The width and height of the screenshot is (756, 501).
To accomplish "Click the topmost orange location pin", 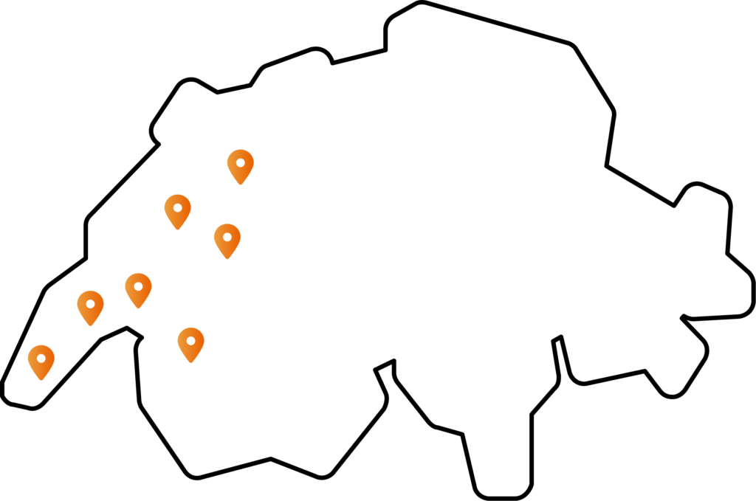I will pyautogui.click(x=241, y=165).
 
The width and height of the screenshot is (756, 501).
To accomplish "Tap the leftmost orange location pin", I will pyautogui.click(x=41, y=361).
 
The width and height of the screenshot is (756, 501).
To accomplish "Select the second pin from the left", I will pyautogui.click(x=90, y=306).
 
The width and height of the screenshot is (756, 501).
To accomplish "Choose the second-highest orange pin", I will pyautogui.click(x=177, y=210).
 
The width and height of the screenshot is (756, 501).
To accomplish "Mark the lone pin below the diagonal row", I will pyautogui.click(x=190, y=343).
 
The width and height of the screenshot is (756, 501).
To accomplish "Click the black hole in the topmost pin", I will pyautogui.click(x=241, y=162).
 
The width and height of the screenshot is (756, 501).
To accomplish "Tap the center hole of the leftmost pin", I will pyautogui.click(x=41, y=358).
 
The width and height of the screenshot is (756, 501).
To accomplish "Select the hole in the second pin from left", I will pyautogui.click(x=90, y=303).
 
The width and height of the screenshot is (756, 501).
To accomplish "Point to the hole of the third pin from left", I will pyautogui.click(x=138, y=286).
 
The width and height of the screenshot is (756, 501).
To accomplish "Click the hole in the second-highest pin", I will pyautogui.click(x=177, y=207).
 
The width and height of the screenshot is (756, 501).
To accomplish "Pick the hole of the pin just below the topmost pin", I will pyautogui.click(x=227, y=236).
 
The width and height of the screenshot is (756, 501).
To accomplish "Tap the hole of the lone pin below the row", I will pyautogui.click(x=190, y=340).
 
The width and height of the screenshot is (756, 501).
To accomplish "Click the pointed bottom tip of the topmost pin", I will pyautogui.click(x=241, y=184).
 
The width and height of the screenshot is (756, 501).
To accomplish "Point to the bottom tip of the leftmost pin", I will pyautogui.click(x=41, y=381).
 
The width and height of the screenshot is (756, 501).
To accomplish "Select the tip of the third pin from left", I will pyautogui.click(x=138, y=308).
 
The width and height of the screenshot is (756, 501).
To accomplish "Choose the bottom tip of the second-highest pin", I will pyautogui.click(x=177, y=229).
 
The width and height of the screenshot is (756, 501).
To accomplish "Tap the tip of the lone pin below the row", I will pyautogui.click(x=190, y=363).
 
